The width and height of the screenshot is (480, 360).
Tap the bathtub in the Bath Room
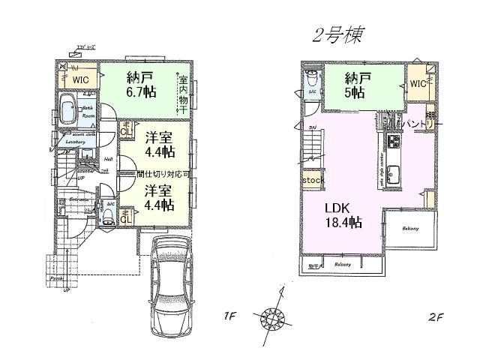(x=68, y=112)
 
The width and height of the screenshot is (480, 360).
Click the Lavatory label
(x=76, y=141)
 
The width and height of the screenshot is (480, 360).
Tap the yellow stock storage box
(x=312, y=181)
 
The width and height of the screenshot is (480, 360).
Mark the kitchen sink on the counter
(x=394, y=177)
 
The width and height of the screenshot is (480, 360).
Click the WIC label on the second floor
(x=418, y=85)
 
